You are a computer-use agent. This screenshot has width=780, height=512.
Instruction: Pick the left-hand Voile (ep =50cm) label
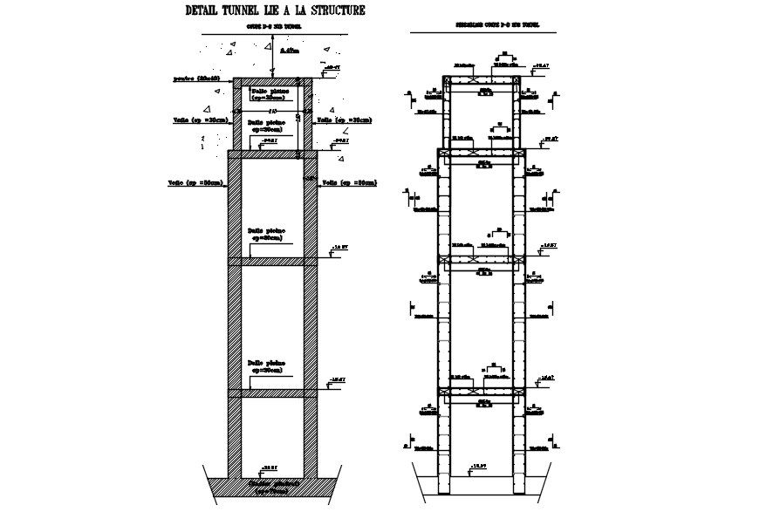(195, 183)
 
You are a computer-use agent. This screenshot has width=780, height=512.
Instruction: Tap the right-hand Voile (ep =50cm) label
(348, 182)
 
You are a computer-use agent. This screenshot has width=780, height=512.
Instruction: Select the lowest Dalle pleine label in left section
(266, 366)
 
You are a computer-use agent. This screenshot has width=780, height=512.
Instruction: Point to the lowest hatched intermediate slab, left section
(270, 393)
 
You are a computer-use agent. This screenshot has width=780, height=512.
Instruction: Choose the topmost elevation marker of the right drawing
(542, 65)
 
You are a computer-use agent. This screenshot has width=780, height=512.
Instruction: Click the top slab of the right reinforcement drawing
(482, 80)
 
